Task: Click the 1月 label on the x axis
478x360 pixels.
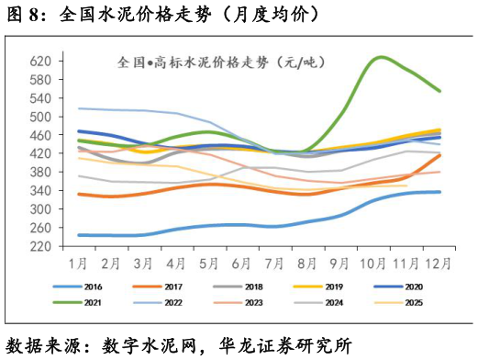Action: point(79,263)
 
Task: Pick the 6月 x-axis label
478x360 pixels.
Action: point(243,263)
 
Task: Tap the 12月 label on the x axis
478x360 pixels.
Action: point(439,263)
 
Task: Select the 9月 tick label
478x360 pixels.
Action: point(342,263)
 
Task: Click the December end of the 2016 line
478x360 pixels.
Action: point(439,192)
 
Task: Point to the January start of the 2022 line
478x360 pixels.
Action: point(79,108)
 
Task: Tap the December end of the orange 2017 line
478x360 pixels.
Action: point(439,155)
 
